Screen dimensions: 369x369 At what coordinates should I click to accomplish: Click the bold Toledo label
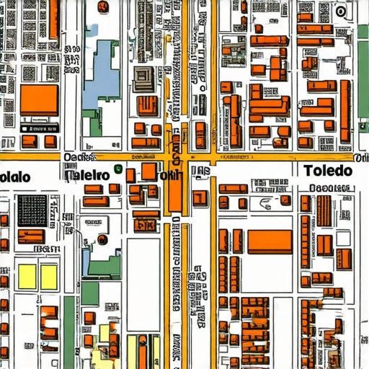(x=328, y=171)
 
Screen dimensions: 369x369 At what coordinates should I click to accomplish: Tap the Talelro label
(x=86, y=175)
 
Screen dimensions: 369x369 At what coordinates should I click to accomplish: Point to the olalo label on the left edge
(x=14, y=177)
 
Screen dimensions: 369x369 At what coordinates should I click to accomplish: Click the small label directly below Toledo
(x=332, y=188)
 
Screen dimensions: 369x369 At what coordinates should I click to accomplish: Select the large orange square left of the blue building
(x=39, y=100)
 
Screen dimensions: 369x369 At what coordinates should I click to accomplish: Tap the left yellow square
(x=27, y=276)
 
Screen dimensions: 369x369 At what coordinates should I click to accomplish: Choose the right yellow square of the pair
(x=49, y=276)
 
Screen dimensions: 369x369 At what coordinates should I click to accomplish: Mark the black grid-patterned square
(x=31, y=210)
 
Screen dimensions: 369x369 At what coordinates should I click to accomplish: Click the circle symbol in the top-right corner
(x=340, y=12)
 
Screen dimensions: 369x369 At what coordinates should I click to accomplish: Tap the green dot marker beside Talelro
(x=116, y=171)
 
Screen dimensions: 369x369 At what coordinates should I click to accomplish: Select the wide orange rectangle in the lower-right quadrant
(x=270, y=241)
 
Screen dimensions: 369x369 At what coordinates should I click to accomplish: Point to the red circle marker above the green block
(x=102, y=239)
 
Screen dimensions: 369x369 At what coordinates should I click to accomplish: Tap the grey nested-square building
(x=142, y=78)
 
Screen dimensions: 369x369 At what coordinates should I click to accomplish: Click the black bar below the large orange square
(x=39, y=127)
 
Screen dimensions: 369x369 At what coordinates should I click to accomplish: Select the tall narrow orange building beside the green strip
(x=347, y=111)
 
